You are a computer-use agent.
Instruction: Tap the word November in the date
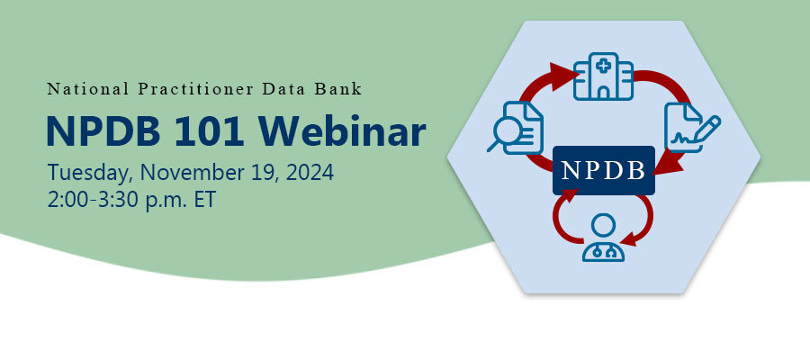pyautogui.click(x=193, y=173)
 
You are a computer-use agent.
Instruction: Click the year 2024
pyautogui.click(x=310, y=173)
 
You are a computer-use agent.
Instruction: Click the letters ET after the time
pyautogui.click(x=203, y=199)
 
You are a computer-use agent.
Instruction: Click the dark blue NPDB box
pyautogui.click(x=602, y=170)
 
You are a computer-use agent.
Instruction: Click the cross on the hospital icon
pyautogui.click(x=602, y=65)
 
